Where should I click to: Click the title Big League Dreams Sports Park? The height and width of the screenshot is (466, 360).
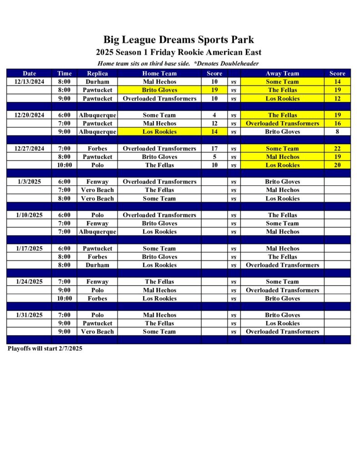tap(178, 40)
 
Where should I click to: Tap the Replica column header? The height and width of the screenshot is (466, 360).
tap(97, 73)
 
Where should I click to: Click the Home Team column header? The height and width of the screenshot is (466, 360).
tap(159, 73)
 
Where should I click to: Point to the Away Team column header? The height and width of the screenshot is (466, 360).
tap(282, 73)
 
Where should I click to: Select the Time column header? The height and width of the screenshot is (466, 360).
tap(64, 73)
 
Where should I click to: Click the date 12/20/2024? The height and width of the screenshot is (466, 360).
tap(29, 115)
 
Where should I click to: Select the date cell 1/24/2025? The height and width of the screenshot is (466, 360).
tap(29, 282)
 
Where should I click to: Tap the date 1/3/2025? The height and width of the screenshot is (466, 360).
tap(29, 182)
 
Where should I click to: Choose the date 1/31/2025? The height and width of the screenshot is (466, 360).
tap(29, 315)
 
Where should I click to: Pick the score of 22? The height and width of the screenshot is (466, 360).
tap(337, 148)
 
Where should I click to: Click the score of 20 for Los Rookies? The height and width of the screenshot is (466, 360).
tap(337, 165)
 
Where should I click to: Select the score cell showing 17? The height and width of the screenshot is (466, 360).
tap(214, 148)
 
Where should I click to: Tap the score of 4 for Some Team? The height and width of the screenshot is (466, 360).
tap(214, 115)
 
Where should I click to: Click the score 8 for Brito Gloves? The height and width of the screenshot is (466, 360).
tap(337, 132)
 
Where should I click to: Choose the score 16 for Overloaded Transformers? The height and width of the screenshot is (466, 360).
tap(337, 123)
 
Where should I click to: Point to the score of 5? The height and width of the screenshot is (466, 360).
tap(214, 157)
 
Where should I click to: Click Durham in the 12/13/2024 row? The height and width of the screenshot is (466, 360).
tap(97, 82)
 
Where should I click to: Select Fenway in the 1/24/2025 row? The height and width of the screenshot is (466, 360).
tap(97, 282)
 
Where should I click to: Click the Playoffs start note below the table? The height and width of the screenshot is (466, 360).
tap(45, 349)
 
